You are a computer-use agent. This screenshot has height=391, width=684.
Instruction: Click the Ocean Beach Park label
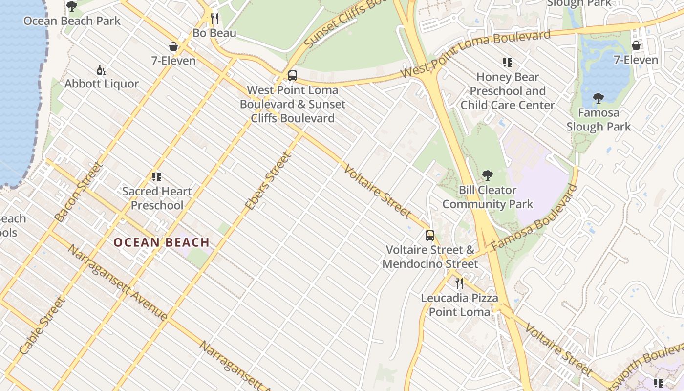pyautogui.click(x=72, y=21)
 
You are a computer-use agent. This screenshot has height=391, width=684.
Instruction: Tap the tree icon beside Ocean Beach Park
pyautogui.click(x=72, y=6)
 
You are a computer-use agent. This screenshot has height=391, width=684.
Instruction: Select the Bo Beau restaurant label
pyautogui.click(x=214, y=33)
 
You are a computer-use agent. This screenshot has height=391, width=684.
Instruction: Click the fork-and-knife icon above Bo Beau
pyautogui.click(x=214, y=19)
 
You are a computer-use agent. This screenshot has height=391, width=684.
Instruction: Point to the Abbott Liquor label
pyautogui.click(x=102, y=84)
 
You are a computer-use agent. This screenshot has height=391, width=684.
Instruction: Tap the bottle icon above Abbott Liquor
pyautogui.click(x=102, y=70)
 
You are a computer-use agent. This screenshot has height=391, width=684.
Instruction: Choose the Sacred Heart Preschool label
pyautogui.click(x=157, y=198)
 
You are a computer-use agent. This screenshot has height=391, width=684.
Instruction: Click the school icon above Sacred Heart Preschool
pyautogui.click(x=157, y=177)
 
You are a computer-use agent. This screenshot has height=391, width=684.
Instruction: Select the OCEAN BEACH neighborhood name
pyautogui.click(x=162, y=242)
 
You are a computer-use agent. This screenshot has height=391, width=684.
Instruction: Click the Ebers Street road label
pyautogui.click(x=268, y=181)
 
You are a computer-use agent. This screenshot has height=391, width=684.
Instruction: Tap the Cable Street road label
pyautogui.click(x=43, y=326)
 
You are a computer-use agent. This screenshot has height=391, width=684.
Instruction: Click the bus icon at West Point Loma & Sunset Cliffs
pyautogui.click(x=293, y=76)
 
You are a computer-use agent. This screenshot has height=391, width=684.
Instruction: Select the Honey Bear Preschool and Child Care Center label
pyautogui.click(x=508, y=91)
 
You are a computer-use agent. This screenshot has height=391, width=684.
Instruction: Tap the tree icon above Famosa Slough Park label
pyautogui.click(x=598, y=98)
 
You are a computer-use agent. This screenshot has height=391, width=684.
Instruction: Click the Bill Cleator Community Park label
pyautogui.click(x=488, y=197)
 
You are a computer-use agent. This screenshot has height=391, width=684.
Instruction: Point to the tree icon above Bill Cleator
pyautogui.click(x=487, y=175)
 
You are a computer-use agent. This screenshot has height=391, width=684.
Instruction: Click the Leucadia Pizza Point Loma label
pyautogui.click(x=459, y=305)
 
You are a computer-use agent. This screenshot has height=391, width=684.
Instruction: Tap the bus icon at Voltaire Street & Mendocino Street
pyautogui.click(x=430, y=236)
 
